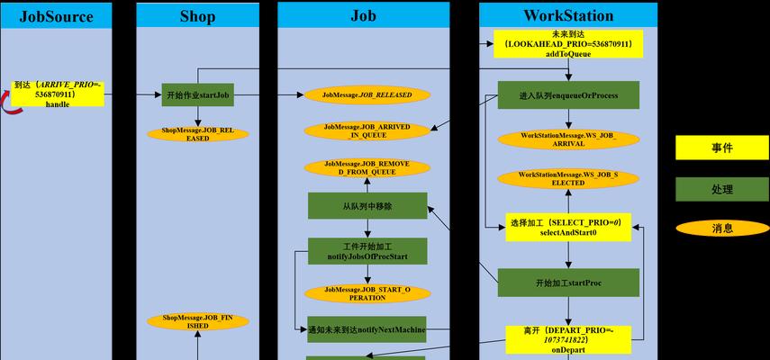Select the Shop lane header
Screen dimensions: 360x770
click(197, 15)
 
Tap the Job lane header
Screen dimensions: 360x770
click(363, 15)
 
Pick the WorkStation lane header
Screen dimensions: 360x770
click(568, 15)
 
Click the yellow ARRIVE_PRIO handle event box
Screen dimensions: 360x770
click(58, 94)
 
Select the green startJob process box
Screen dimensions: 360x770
click(197, 94)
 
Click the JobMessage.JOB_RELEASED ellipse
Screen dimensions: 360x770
click(367, 94)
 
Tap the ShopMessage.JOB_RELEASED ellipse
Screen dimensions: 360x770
click(197, 134)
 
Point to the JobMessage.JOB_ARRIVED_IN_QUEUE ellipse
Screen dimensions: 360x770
click(367, 131)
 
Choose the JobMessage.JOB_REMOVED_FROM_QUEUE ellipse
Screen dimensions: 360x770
click(367, 167)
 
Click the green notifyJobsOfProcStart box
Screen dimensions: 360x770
click(367, 251)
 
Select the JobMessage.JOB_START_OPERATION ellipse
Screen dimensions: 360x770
click(367, 292)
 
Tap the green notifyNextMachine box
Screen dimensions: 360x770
click(367, 328)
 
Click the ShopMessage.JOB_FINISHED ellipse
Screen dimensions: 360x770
click(197, 321)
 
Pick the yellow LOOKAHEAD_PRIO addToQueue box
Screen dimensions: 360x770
click(568, 43)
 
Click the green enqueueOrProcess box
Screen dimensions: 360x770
click(568, 94)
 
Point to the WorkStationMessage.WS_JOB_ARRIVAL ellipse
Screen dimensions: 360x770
click(568, 139)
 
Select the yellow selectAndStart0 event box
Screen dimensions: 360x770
click(568, 227)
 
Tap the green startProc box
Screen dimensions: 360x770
click(568, 283)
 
